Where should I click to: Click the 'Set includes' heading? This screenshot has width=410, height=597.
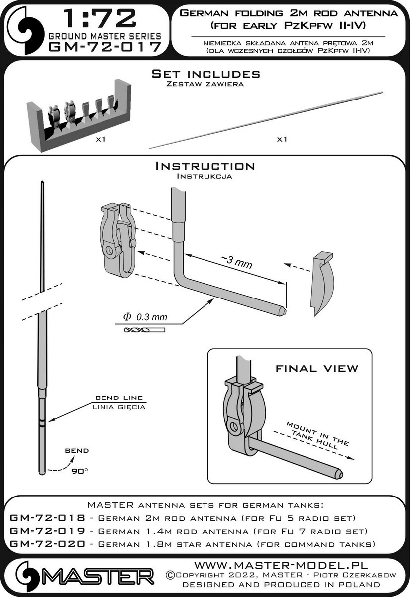(205, 74)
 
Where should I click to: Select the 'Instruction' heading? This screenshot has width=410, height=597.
(205, 166)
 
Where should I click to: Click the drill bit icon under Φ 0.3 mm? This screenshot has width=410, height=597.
(135, 330)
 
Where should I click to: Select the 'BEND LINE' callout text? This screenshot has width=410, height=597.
(120, 398)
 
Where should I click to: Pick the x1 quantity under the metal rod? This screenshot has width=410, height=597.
(282, 140)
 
